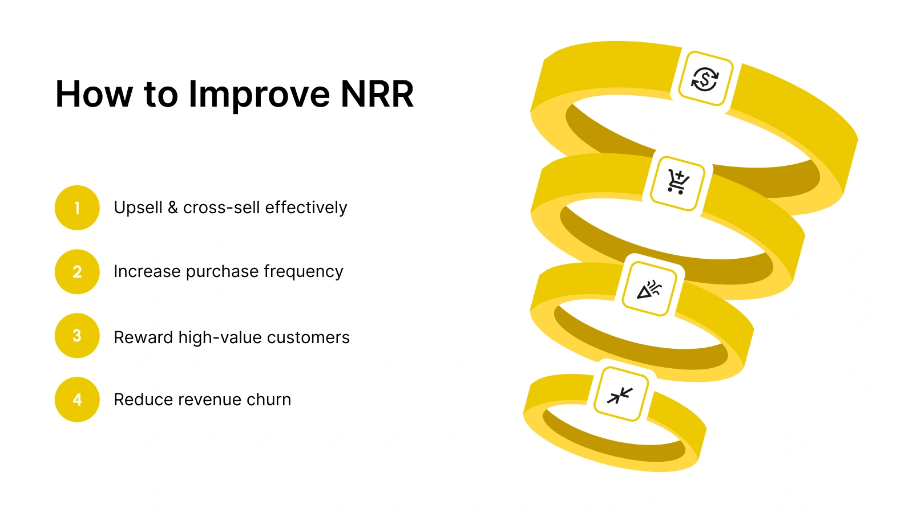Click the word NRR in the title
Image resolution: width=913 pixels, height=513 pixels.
[377, 94]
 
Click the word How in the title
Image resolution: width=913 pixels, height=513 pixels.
[94, 94]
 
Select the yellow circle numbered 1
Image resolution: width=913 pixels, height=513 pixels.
[77, 208]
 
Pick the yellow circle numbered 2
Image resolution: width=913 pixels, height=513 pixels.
[77, 272]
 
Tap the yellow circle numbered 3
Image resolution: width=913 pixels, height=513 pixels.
[77, 336]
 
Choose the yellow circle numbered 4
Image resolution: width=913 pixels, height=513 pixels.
[77, 400]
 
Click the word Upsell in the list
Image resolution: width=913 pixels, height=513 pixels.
[138, 207]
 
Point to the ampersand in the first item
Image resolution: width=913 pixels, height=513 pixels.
[173, 207]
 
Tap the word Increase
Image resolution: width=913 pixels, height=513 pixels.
[147, 271]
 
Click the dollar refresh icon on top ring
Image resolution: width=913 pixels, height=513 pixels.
[705, 79]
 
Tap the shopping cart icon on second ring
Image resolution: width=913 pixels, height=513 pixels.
[678, 183]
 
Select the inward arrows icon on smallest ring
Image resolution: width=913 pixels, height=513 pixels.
[620, 394]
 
